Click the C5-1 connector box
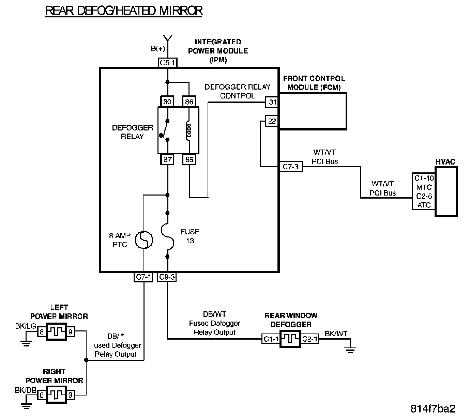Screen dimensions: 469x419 pos(168,62)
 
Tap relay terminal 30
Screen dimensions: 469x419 pos(167,102)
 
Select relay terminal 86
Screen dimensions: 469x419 pos(189,102)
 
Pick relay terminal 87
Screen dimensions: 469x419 pos(167,159)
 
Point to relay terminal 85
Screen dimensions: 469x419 pos(190,159)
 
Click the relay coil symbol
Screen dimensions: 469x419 pos(189,130)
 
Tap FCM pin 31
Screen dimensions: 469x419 pos(272,102)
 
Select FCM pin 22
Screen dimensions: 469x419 pos(272,121)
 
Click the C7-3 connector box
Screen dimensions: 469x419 pos(290,167)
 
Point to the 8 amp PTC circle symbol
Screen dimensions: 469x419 pos(144,240)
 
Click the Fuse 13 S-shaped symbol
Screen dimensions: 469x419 pos(167,236)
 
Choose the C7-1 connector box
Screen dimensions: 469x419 pos(143,277)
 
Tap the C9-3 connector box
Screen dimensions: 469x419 pos(167,277)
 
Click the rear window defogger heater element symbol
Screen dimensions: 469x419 pos(290,339)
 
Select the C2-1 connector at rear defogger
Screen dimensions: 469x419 pos(310,339)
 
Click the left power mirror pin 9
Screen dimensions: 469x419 pos(71,332)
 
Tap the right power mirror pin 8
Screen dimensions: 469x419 pos(42,395)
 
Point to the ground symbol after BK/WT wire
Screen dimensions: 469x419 pos(350,350)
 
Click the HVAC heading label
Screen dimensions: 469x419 pos(445,162)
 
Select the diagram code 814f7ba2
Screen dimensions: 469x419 pos(433,409)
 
